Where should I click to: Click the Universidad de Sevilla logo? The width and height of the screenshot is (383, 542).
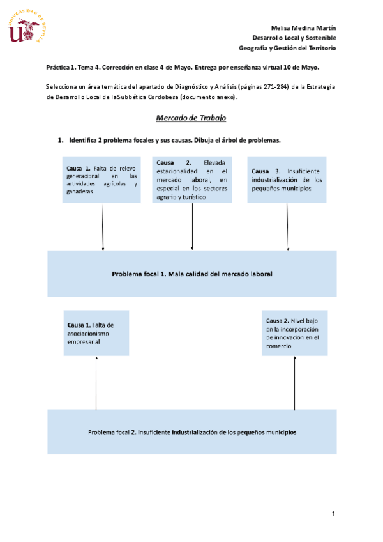(x=27, y=26)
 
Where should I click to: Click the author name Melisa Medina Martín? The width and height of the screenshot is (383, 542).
(x=303, y=28)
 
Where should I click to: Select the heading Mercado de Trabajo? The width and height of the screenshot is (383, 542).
(x=191, y=118)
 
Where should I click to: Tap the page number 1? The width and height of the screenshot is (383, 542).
(x=333, y=514)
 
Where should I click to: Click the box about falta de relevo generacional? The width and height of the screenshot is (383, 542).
(x=101, y=180)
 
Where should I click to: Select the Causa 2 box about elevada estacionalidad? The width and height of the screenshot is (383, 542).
(x=192, y=180)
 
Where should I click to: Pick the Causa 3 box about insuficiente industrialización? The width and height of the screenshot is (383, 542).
(x=287, y=180)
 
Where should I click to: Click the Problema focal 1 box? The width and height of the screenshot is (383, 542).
(x=192, y=274)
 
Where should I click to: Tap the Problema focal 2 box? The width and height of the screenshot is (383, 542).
(x=192, y=431)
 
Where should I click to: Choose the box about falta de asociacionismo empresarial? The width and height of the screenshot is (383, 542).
(x=96, y=333)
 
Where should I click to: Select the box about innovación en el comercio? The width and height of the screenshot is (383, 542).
(x=294, y=333)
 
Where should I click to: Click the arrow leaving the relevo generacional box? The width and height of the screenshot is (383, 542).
(x=103, y=227)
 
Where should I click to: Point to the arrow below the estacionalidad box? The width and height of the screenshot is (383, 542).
(x=192, y=226)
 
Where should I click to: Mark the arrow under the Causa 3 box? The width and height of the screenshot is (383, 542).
(x=287, y=226)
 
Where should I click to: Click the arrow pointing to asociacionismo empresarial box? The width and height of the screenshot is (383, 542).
(x=96, y=383)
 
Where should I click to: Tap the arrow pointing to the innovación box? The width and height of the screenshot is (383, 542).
(x=294, y=383)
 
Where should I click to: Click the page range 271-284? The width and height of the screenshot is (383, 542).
(x=276, y=87)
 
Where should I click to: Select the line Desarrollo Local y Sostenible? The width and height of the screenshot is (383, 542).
(x=294, y=38)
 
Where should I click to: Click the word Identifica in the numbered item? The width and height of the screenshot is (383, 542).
(x=83, y=140)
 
